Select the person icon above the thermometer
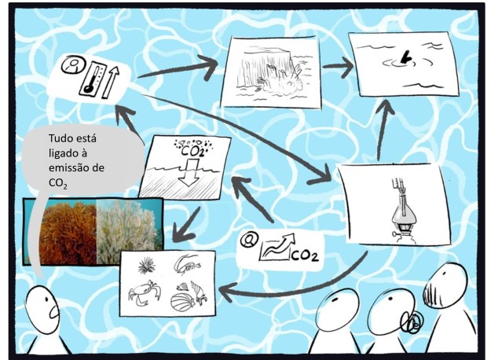point(73,64)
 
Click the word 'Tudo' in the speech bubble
point(61,138)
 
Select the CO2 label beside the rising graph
point(305,255)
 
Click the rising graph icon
point(276,248)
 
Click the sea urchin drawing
point(146,266)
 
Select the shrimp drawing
point(186,264)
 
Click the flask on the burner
point(402,214)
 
